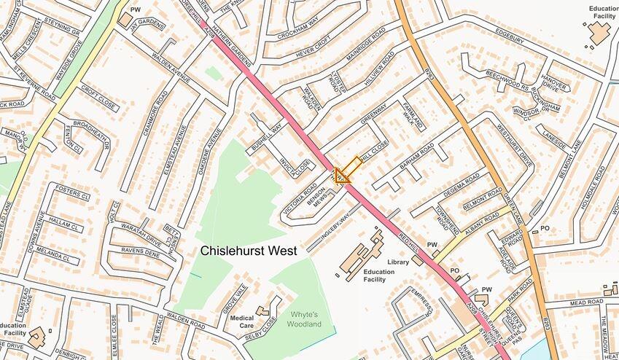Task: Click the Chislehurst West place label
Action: point(249,251)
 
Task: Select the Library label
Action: point(399,262)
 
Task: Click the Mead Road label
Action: point(567,302)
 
